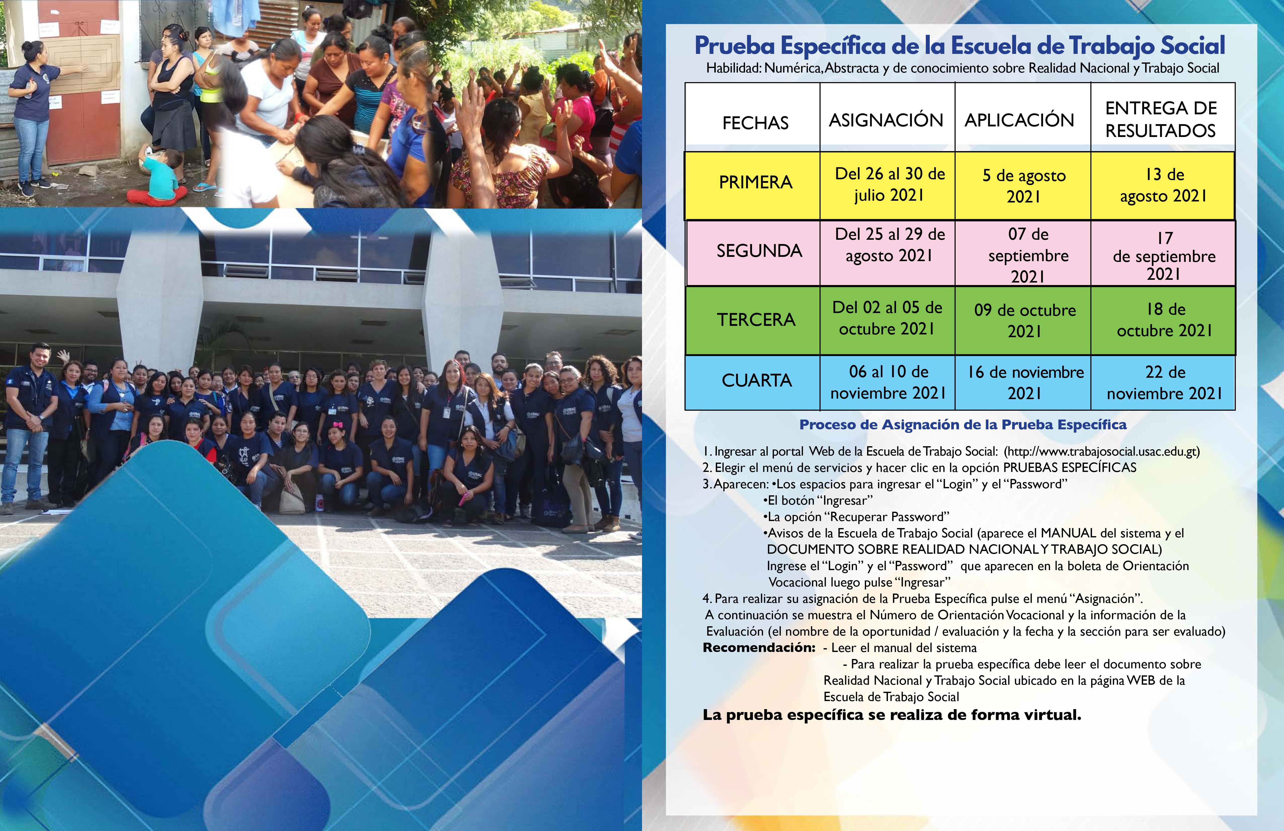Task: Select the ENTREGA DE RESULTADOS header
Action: [x=1161, y=119]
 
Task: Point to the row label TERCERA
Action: [x=756, y=320]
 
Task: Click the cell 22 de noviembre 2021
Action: [x=1164, y=383]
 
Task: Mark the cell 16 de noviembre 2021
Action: [x=1025, y=383]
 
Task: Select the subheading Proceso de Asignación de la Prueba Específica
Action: [x=963, y=425]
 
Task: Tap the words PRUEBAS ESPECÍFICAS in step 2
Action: [x=1070, y=467]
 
